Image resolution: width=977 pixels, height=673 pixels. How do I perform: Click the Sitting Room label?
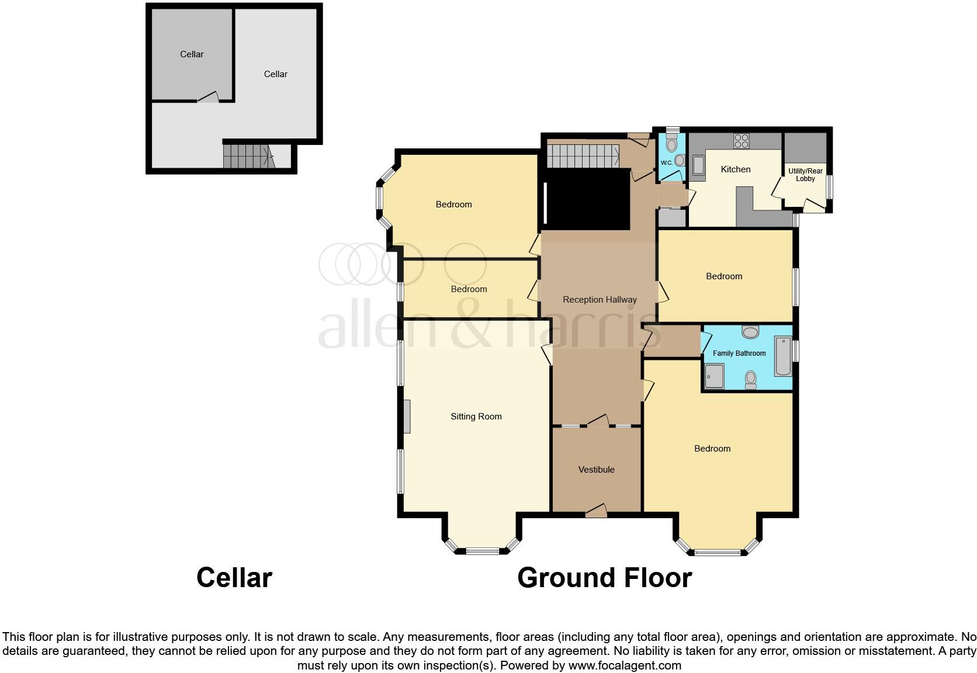(476, 417)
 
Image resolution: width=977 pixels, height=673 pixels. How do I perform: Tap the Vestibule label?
(596, 470)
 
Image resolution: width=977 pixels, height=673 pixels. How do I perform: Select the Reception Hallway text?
(600, 300)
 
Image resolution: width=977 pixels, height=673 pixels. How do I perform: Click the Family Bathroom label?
(739, 353)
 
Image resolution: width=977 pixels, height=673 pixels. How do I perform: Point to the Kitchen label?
(735, 169)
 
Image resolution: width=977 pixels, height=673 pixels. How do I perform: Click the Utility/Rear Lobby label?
(805, 175)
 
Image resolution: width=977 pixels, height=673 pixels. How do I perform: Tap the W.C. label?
(666, 163)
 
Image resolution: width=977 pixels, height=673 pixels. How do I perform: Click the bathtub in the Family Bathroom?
(782, 356)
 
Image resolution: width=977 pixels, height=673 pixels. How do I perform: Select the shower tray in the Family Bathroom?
(714, 376)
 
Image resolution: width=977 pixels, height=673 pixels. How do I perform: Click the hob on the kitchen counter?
(742, 141)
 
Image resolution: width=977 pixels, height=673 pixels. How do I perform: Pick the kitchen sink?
(698, 165)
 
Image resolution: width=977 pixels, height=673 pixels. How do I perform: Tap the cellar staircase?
(248, 156)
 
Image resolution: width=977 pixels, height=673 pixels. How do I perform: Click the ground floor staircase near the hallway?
(582, 156)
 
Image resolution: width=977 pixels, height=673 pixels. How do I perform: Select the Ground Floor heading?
(604, 578)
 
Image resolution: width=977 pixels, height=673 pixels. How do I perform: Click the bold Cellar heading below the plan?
(234, 578)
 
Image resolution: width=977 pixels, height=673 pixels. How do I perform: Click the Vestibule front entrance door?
(596, 512)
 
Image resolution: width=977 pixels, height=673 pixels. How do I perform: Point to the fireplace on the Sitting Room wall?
(407, 417)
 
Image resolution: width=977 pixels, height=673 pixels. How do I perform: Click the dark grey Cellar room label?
(192, 54)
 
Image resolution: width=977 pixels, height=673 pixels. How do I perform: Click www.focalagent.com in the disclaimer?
(624, 665)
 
